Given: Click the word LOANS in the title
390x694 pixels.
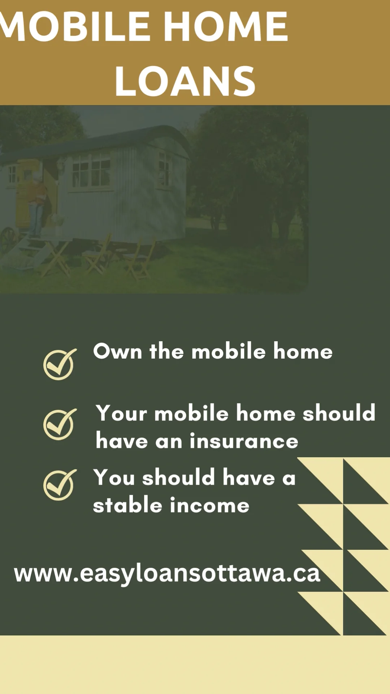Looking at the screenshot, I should pyautogui.click(x=185, y=82).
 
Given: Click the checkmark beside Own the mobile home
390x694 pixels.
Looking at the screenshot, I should pyautogui.click(x=60, y=364).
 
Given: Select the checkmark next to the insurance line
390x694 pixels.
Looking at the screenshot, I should pyautogui.click(x=60, y=424).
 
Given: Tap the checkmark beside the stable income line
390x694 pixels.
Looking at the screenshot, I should pyautogui.click(x=60, y=485).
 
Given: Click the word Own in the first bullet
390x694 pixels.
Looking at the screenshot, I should pyautogui.click(x=118, y=351).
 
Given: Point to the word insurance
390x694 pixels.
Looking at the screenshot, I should pyautogui.click(x=244, y=441).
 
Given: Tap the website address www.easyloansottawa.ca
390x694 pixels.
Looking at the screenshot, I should pyautogui.click(x=167, y=574).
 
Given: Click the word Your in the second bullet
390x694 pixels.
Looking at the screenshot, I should pyautogui.click(x=121, y=413).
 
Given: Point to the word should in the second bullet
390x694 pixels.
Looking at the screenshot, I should pyautogui.click(x=339, y=413).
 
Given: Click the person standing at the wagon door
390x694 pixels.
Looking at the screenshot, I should pyautogui.click(x=36, y=202).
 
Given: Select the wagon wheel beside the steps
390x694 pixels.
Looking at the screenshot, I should pyautogui.click(x=9, y=240).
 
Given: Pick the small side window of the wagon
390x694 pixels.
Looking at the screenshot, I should pyautogui.click(x=165, y=169).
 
